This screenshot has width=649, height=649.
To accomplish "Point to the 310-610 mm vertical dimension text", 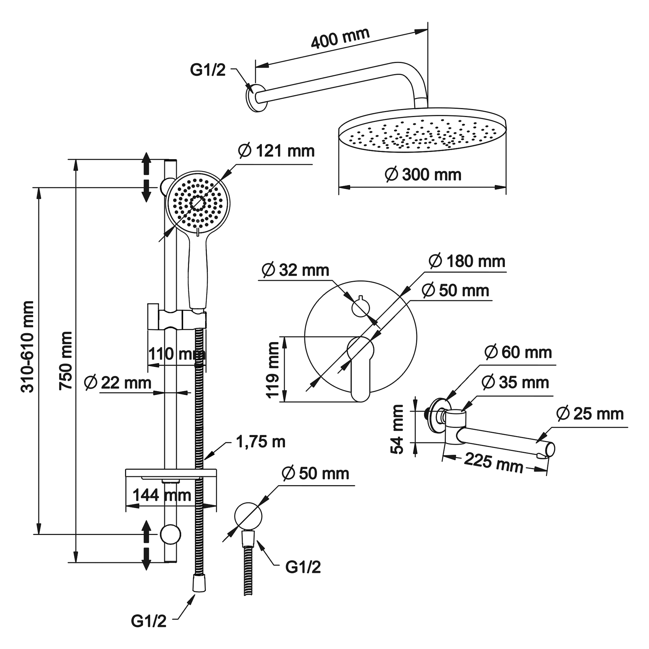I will point(27,347).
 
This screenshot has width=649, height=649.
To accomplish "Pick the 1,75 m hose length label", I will point(260,442).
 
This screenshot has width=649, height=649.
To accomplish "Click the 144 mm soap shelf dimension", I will point(162,495).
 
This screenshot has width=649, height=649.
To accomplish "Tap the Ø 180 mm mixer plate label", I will point(467,262).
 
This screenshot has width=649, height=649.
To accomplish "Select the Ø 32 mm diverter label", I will point(295,270).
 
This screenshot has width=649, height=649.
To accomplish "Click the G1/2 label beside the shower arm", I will point(208,71).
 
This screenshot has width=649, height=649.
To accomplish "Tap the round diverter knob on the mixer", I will point(360,307).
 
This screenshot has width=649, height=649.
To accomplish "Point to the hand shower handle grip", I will point(198,272).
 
